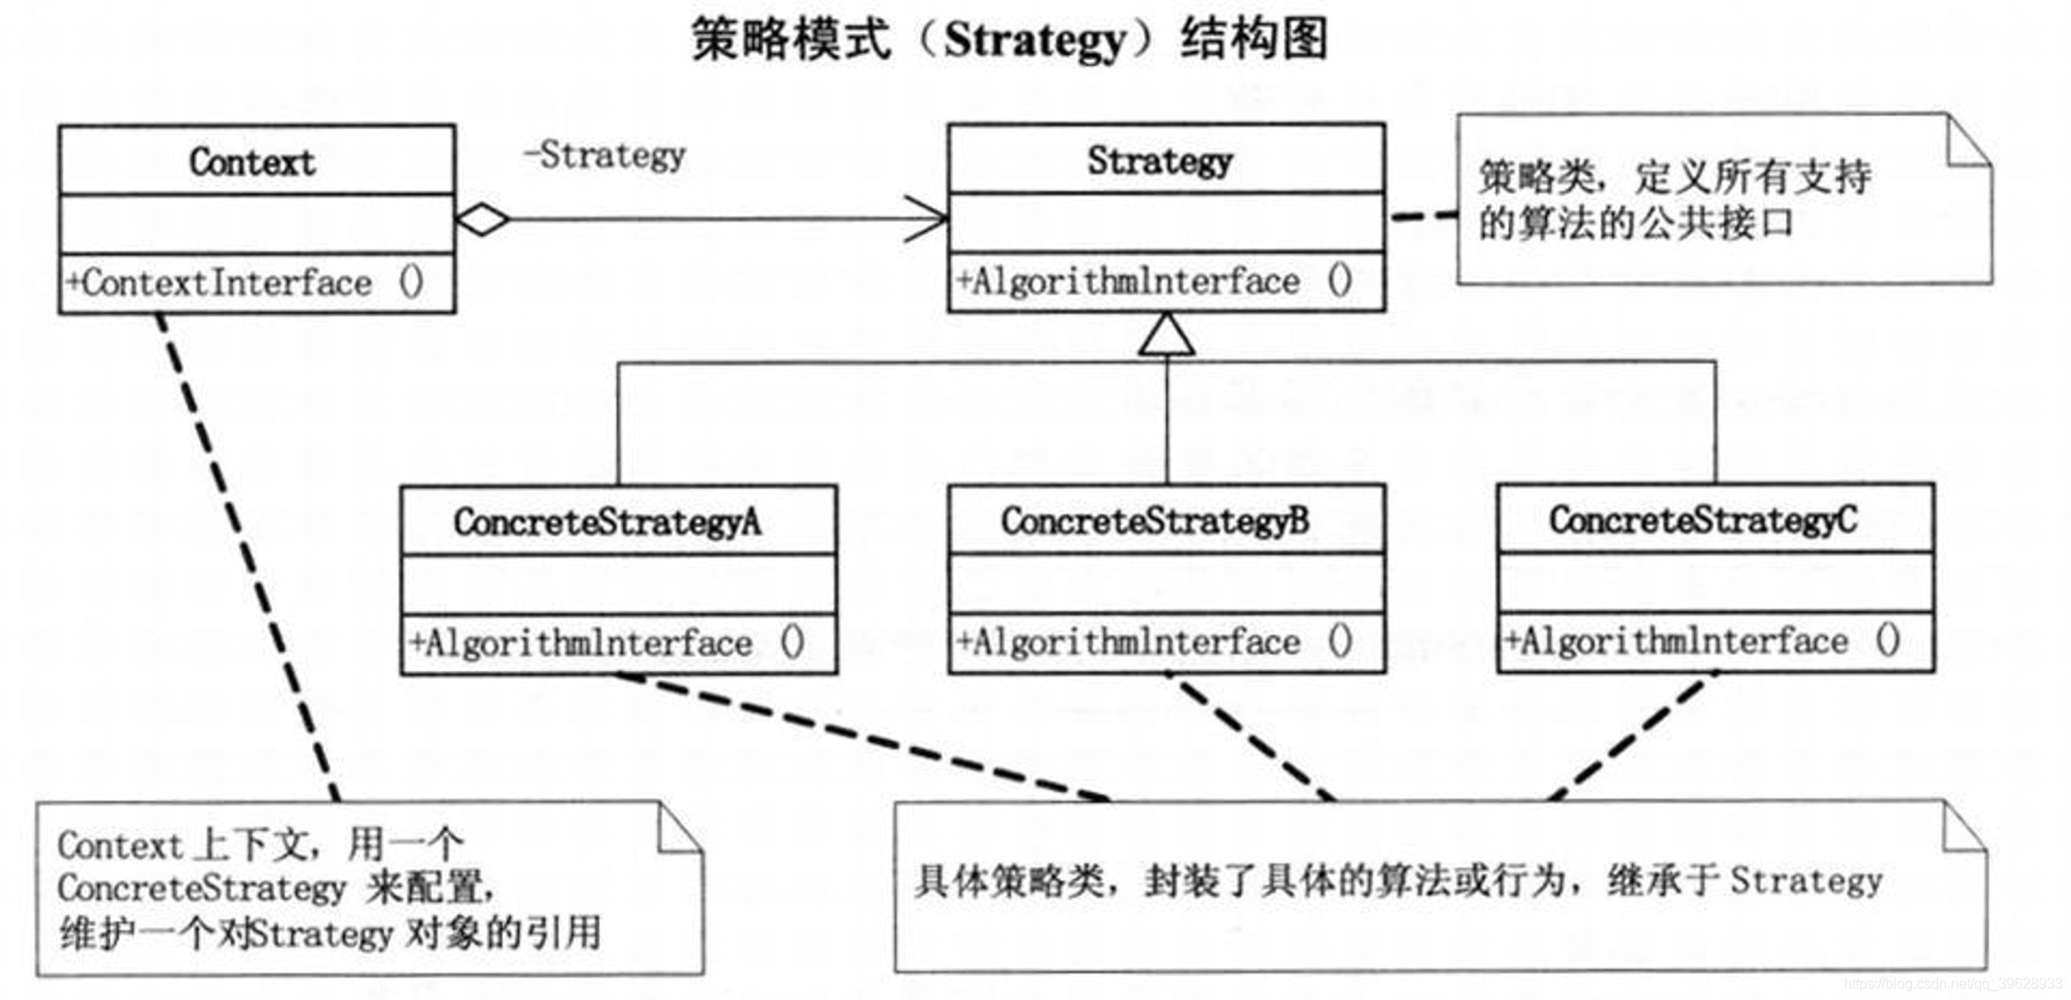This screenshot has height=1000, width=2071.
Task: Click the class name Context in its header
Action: coord(251,162)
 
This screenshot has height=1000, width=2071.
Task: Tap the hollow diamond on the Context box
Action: coord(482,219)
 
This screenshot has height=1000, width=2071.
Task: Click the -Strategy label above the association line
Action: coord(604,155)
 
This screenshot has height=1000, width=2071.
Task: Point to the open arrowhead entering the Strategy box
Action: coord(929,218)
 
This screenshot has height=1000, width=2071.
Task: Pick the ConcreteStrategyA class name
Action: coord(607,522)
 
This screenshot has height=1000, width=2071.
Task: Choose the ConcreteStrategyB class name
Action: coord(1154,522)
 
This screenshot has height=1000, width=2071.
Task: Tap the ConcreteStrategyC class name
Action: coord(1702,521)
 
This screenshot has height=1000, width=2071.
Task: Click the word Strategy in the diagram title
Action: coord(1034,41)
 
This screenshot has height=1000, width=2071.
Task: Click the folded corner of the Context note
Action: coord(679,828)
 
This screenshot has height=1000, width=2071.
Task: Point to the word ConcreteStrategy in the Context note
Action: coord(201,889)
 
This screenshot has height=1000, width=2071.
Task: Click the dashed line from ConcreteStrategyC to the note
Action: coord(1629,736)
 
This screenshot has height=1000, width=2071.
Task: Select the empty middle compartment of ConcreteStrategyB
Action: coord(1166,583)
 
